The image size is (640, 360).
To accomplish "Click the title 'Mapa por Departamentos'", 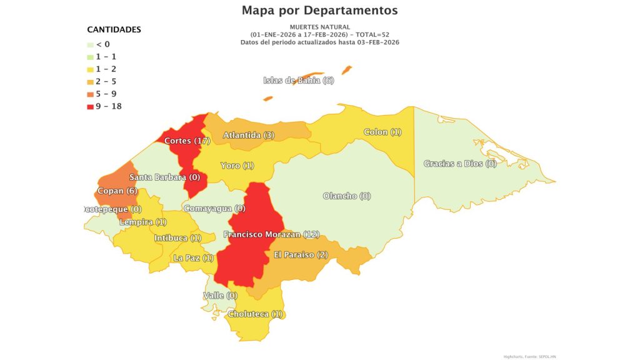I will coord(319,11).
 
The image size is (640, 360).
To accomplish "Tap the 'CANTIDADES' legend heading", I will coord(114,29).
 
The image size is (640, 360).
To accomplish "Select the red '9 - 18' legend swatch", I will coord(91,106).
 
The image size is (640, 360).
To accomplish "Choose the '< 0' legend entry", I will coord(103,44).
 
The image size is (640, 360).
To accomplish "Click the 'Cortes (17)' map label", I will coord(187,141).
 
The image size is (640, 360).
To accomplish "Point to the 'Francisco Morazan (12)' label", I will coord(272,234).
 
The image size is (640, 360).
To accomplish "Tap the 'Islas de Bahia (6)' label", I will coord(299,81).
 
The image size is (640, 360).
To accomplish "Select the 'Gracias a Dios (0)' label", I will coord(460,164).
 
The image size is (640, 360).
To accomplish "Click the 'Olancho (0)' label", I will coord(347,196).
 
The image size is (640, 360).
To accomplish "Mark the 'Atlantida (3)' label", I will coord(249,135).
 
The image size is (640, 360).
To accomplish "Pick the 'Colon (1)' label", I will coord(383,132).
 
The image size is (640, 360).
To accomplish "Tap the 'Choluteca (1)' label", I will coord(256,314).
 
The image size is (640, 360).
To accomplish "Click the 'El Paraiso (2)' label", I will coord(301,254).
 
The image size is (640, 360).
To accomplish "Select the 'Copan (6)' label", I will coord(117,191).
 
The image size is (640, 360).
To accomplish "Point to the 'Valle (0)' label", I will coord(221,295).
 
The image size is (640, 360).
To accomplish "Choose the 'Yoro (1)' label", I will coord(237,166).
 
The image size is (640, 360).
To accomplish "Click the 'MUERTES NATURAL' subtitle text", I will coord(319,27).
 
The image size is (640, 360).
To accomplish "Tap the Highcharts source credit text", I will coord(529,356).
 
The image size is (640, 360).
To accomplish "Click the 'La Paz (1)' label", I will coord(194,257).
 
